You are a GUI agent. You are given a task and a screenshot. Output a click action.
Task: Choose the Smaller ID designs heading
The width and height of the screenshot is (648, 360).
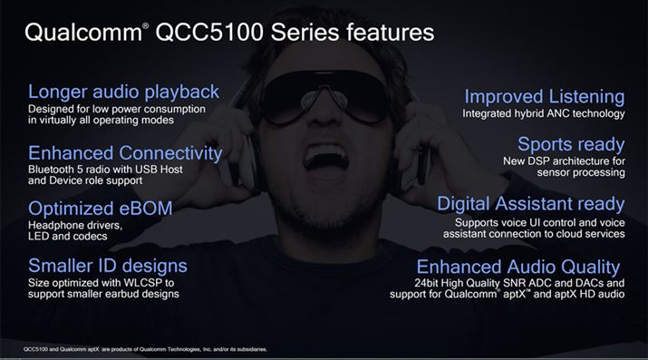point(108,266)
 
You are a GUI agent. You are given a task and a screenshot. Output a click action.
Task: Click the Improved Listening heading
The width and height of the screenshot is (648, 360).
point(545,96)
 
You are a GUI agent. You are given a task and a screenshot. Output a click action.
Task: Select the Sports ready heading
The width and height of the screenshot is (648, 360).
point(571,144)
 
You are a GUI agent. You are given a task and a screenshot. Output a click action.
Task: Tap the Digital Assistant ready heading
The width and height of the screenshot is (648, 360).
point(531,203)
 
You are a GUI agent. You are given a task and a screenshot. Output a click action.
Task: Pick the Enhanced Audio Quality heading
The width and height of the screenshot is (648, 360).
point(518,267)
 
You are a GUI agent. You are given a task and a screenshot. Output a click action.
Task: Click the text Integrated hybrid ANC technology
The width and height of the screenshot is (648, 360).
point(544,114)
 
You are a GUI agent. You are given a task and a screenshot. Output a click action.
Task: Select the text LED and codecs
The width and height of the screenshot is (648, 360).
point(69,236)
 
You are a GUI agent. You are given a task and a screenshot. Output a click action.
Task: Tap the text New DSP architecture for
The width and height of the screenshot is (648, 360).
point(564,161)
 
